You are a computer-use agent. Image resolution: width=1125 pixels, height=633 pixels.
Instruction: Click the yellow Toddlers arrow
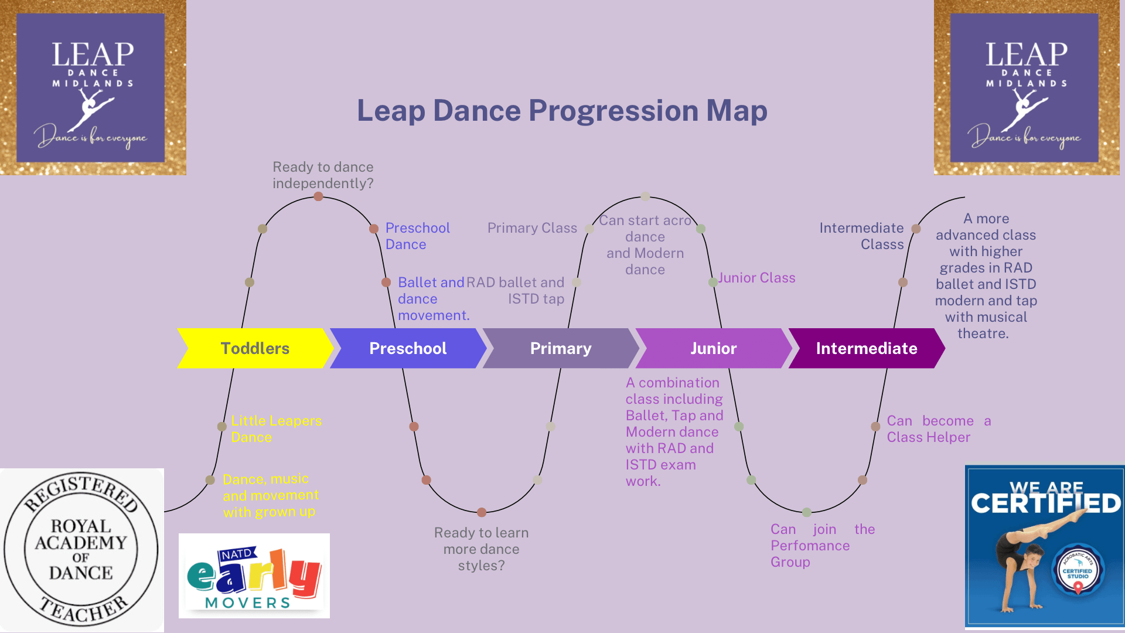pyautogui.click(x=255, y=348)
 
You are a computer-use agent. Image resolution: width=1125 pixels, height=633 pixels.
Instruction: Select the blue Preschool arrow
pyautogui.click(x=408, y=348)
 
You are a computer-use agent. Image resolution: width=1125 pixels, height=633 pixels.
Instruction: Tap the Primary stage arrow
pyautogui.click(x=561, y=348)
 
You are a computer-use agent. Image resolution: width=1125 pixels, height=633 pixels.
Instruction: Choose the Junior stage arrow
pyautogui.click(x=713, y=348)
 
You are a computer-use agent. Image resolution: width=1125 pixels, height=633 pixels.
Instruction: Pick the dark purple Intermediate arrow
pyautogui.click(x=867, y=348)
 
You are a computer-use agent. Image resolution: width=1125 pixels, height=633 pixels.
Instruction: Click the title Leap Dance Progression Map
pyautogui.click(x=562, y=110)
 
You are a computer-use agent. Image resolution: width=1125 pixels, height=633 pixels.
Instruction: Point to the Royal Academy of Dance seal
pyautogui.click(x=81, y=550)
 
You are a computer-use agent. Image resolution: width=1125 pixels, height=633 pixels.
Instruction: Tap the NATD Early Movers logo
pyautogui.click(x=254, y=576)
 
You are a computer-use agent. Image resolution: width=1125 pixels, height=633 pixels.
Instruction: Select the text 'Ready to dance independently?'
pyautogui.click(x=323, y=175)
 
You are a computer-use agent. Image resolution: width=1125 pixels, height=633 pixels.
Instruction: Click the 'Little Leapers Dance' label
pyautogui.click(x=276, y=428)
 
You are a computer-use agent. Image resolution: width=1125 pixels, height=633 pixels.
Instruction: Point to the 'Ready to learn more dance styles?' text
pyautogui.click(x=481, y=549)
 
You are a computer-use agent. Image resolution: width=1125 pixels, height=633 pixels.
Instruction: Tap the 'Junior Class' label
pyautogui.click(x=756, y=278)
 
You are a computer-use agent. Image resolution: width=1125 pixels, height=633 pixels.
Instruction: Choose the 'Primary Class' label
pyautogui.click(x=532, y=228)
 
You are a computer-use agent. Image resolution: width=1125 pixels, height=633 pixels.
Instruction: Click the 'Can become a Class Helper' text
pyautogui.click(x=938, y=428)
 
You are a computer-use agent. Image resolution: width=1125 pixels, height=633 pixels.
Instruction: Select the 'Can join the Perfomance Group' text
pyautogui.click(x=822, y=545)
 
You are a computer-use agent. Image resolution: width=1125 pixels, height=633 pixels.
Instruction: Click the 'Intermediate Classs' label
pyautogui.click(x=861, y=236)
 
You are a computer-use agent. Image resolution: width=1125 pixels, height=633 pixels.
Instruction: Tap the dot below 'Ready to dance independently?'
pyautogui.click(x=318, y=196)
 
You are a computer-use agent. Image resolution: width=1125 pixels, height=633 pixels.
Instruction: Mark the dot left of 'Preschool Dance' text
pyautogui.click(x=374, y=229)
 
